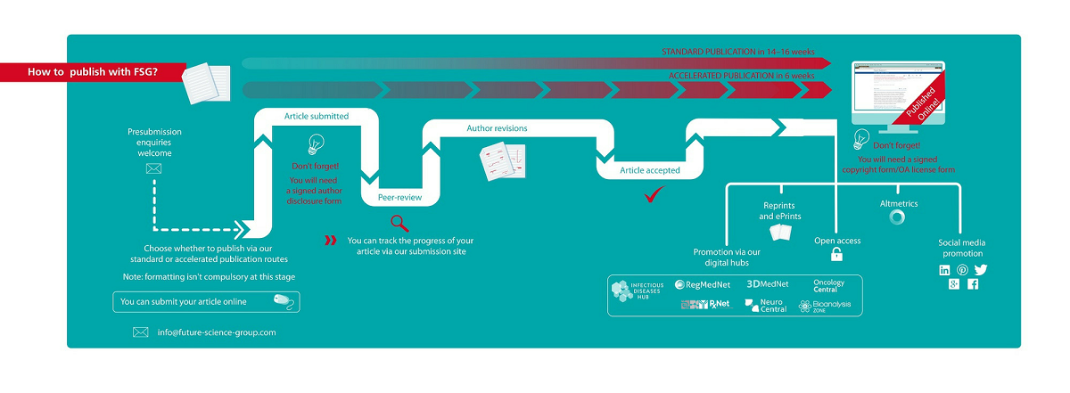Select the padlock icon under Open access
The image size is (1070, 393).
pyautogui.click(x=836, y=256)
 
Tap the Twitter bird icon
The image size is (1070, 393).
pyautogui.click(x=981, y=270)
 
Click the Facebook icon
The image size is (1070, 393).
pyautogui.click(x=973, y=284)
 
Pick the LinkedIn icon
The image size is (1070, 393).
pyautogui.click(x=944, y=270)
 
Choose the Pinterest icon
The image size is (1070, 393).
pyautogui.click(x=962, y=270)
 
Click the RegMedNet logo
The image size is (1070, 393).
pyautogui.click(x=704, y=285)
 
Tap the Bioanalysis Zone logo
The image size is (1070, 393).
pyautogui.click(x=825, y=306)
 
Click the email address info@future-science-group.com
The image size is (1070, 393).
pyautogui.click(x=213, y=332)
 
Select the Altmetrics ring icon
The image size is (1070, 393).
pyautogui.click(x=898, y=217)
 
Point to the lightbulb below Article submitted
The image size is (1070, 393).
pyautogui.click(x=315, y=143)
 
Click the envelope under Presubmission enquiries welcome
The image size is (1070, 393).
pyautogui.click(x=153, y=168)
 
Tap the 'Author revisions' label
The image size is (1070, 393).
pyautogui.click(x=497, y=128)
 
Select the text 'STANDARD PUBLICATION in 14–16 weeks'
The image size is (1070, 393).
pyautogui.click(x=737, y=52)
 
